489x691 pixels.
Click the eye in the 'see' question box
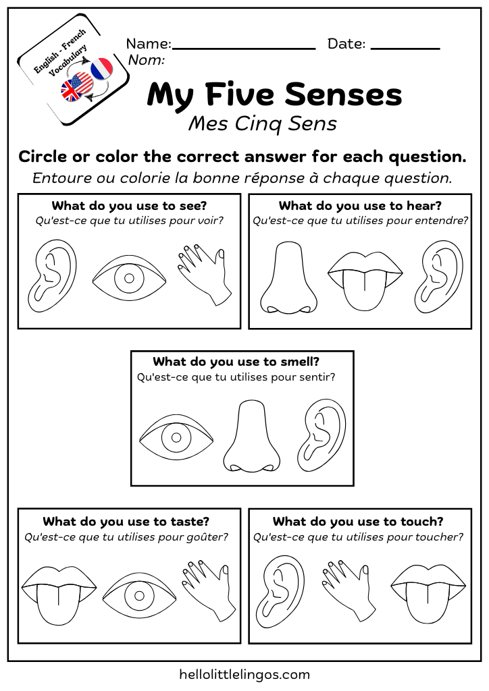pos(129,278)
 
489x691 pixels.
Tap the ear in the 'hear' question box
pos(439,277)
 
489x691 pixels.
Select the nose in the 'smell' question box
pos(252,437)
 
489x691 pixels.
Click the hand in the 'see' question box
pos(205,275)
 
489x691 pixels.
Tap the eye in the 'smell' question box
pos(176,437)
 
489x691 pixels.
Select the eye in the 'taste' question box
pos(139,595)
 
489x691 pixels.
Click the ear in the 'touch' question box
pos(280,591)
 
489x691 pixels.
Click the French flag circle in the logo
pos(101,68)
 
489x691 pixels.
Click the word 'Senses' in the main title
pos(344,94)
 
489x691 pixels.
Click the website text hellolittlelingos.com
pos(244,674)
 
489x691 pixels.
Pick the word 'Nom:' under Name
pos(147,59)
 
